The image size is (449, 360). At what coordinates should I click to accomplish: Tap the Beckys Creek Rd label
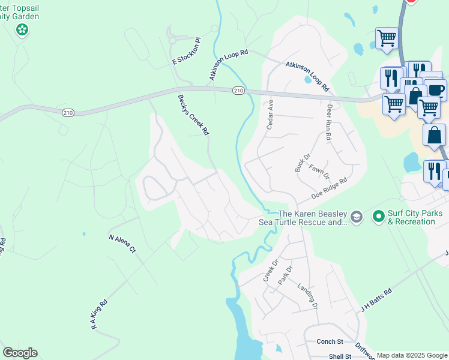(193, 114)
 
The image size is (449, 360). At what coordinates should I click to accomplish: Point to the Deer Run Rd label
(329, 124)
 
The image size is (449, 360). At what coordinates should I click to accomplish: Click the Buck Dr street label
(302, 163)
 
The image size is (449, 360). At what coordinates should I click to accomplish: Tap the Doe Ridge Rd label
(330, 188)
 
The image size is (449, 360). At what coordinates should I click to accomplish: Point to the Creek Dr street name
(271, 271)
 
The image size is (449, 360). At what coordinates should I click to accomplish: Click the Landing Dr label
(307, 296)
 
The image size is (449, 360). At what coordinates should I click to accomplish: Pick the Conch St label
(330, 342)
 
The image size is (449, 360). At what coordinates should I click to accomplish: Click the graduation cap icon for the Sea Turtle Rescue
(357, 217)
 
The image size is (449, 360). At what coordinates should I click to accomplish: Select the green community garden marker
(22, 29)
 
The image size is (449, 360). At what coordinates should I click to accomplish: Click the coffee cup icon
(435, 90)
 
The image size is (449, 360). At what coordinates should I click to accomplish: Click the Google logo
(20, 353)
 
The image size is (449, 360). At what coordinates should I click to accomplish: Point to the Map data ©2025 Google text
(412, 355)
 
